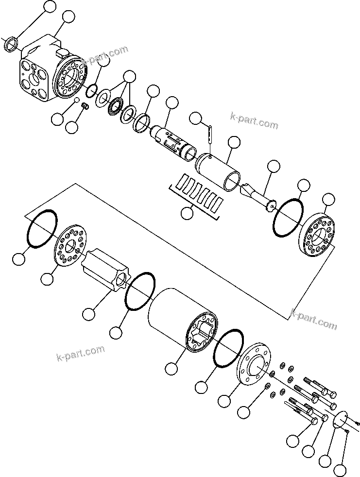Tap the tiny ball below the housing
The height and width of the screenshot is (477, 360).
pyautogui.click(x=76, y=101)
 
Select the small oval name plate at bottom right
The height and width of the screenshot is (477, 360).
pyautogui.click(x=343, y=421)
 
